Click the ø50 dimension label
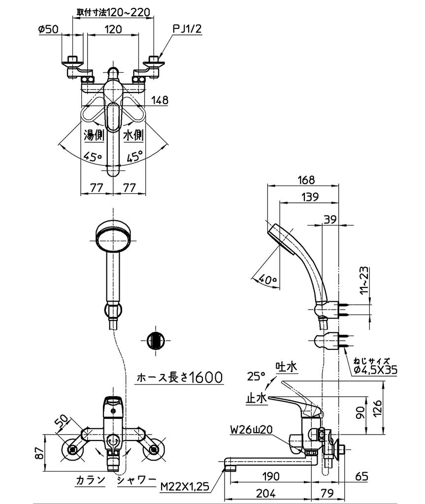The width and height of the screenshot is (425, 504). (x=48, y=29)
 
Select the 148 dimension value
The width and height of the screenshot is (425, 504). (x=159, y=100)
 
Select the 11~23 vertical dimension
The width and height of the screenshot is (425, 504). (x=363, y=280)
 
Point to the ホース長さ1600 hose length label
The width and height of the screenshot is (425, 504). (x=179, y=378)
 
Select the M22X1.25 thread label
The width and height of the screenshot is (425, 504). (x=185, y=487)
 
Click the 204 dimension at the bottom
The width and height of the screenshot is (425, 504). (x=266, y=493)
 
